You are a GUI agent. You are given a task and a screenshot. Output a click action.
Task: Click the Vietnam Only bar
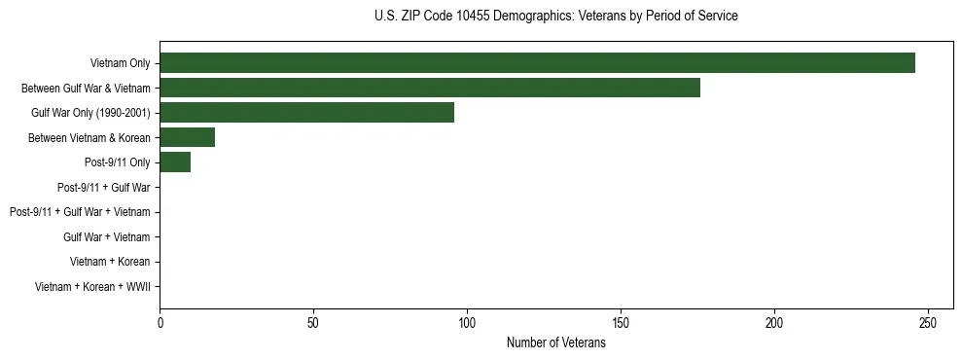click(537, 63)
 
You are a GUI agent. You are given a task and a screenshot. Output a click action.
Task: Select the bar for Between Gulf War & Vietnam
click(429, 88)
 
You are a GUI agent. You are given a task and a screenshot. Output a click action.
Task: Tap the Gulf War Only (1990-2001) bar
click(306, 113)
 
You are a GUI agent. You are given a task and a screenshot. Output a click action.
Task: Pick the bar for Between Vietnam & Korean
click(187, 137)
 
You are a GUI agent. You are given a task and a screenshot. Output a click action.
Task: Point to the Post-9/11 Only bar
click(175, 162)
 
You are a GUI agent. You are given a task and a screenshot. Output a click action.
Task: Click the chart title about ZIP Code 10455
click(555, 17)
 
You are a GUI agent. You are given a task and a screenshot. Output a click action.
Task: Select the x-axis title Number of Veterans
click(555, 343)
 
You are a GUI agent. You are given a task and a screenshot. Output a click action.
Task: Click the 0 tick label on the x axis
click(160, 322)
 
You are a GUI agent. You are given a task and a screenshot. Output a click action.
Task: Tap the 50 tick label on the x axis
click(313, 322)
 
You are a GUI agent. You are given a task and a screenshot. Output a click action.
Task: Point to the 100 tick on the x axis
click(467, 322)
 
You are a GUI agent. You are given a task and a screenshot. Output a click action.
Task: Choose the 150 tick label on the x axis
click(621, 322)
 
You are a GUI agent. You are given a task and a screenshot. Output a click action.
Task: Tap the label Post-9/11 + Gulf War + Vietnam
click(80, 212)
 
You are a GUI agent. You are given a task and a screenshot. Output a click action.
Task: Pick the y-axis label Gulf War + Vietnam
click(106, 236)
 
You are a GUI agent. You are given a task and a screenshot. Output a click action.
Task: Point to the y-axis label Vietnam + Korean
click(110, 262)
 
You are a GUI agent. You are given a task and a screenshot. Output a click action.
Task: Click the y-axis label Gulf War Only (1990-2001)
click(90, 113)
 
